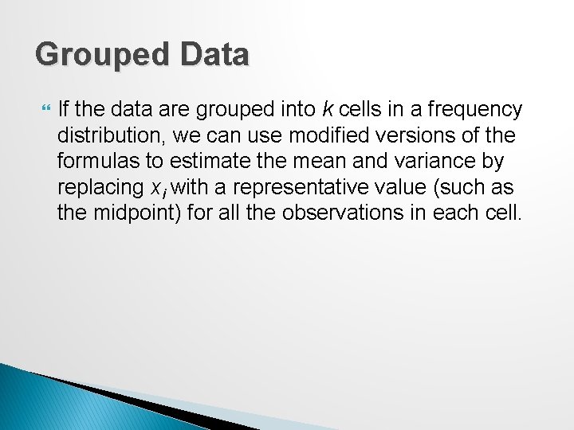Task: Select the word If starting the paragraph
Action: pyautogui.click(x=65, y=109)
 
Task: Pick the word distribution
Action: pyautogui.click(x=105, y=135)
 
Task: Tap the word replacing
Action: pyautogui.click(x=94, y=188)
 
